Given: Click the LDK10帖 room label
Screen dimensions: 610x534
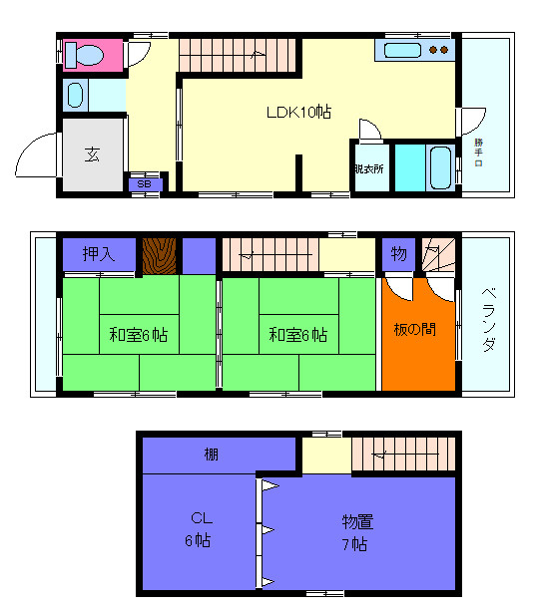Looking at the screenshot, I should tap(298, 113).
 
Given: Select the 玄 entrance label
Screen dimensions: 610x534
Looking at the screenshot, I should tap(92, 155).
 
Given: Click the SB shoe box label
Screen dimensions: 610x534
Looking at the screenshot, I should tap(143, 184).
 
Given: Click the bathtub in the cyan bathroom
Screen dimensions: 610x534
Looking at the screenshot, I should tap(440, 166).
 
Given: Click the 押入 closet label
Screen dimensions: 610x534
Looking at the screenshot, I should tap(99, 254).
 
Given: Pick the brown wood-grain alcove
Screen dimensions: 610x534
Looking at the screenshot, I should tap(158, 255).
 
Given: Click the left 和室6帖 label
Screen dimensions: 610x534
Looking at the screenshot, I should tap(138, 335).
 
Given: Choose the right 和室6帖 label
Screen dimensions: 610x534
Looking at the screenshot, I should tap(297, 335).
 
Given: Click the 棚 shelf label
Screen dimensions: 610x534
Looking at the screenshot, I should tap(212, 456).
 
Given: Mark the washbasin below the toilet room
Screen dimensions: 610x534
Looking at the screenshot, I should tap(76, 96).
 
